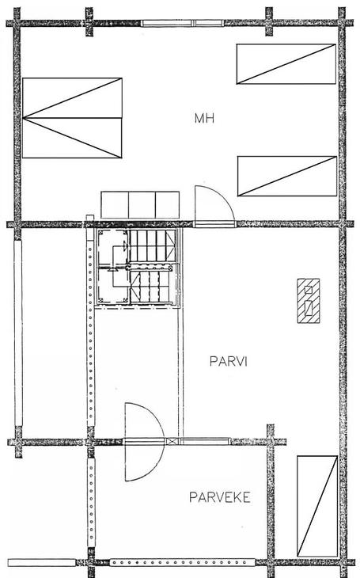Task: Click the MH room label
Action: (204, 118)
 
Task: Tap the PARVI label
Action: (228, 361)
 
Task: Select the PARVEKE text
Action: (220, 497)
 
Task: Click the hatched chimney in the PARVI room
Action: (309, 301)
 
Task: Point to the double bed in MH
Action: (72, 118)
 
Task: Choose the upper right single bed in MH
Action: (286, 64)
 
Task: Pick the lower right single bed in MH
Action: (287, 177)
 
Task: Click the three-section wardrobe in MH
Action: (140, 205)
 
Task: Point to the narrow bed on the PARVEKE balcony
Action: (317, 506)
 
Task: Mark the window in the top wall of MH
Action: (183, 23)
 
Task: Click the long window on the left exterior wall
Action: (18, 333)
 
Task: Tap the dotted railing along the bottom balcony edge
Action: (183, 562)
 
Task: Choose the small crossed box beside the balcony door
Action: (172, 441)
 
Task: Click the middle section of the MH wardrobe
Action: (142, 205)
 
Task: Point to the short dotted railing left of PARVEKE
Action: (91, 503)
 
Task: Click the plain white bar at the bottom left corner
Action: (42, 563)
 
